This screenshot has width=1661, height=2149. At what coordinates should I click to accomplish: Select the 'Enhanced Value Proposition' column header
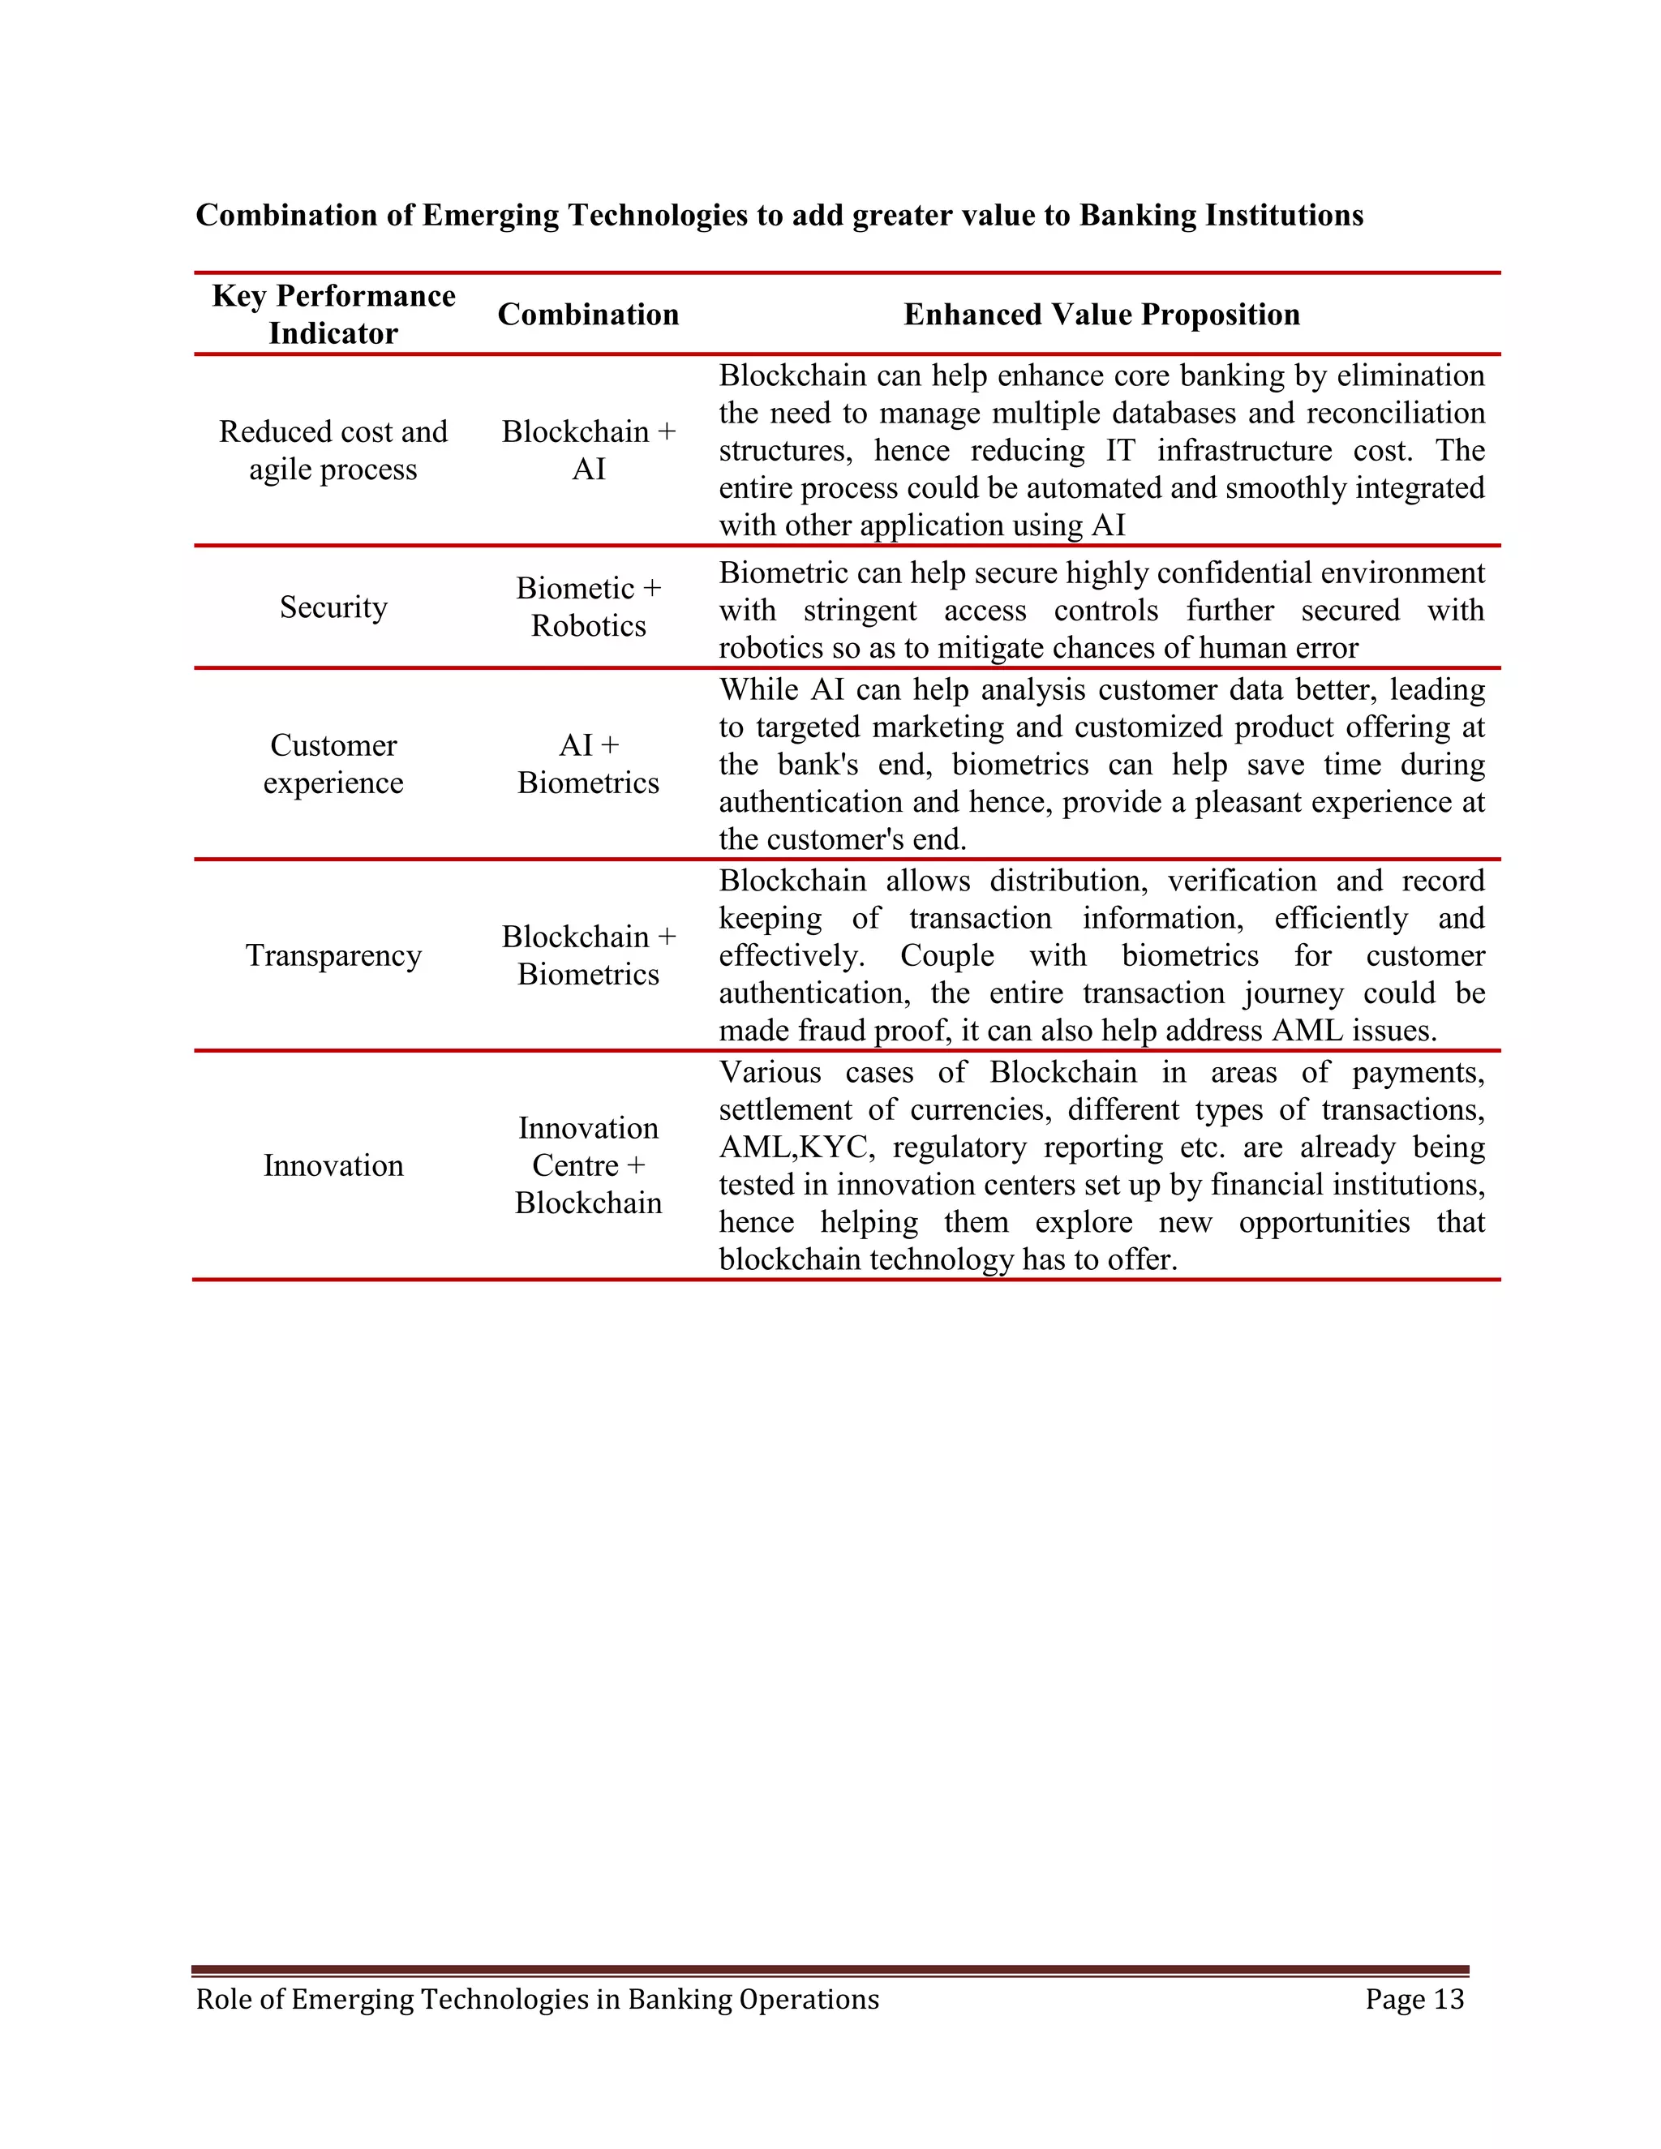point(1101,314)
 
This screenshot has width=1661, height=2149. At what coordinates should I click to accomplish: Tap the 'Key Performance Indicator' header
point(333,314)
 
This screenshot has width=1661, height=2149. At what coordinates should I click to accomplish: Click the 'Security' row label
point(333,607)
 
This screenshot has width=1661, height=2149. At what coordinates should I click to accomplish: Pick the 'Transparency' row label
point(333,955)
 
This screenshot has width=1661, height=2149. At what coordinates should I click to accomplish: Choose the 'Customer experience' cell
point(333,764)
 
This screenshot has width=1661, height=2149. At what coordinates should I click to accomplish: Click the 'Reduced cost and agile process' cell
point(333,450)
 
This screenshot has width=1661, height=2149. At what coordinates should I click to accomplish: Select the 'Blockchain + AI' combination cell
point(589,450)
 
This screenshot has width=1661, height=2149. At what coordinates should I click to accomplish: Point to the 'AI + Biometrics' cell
point(589,764)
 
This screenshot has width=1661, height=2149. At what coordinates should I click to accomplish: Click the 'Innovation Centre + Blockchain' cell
point(589,1165)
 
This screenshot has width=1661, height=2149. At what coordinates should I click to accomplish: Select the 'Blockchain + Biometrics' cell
point(589,955)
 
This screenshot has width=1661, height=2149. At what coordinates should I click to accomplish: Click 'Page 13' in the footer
point(1414,2000)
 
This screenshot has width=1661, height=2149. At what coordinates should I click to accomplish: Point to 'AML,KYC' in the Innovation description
point(795,1147)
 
